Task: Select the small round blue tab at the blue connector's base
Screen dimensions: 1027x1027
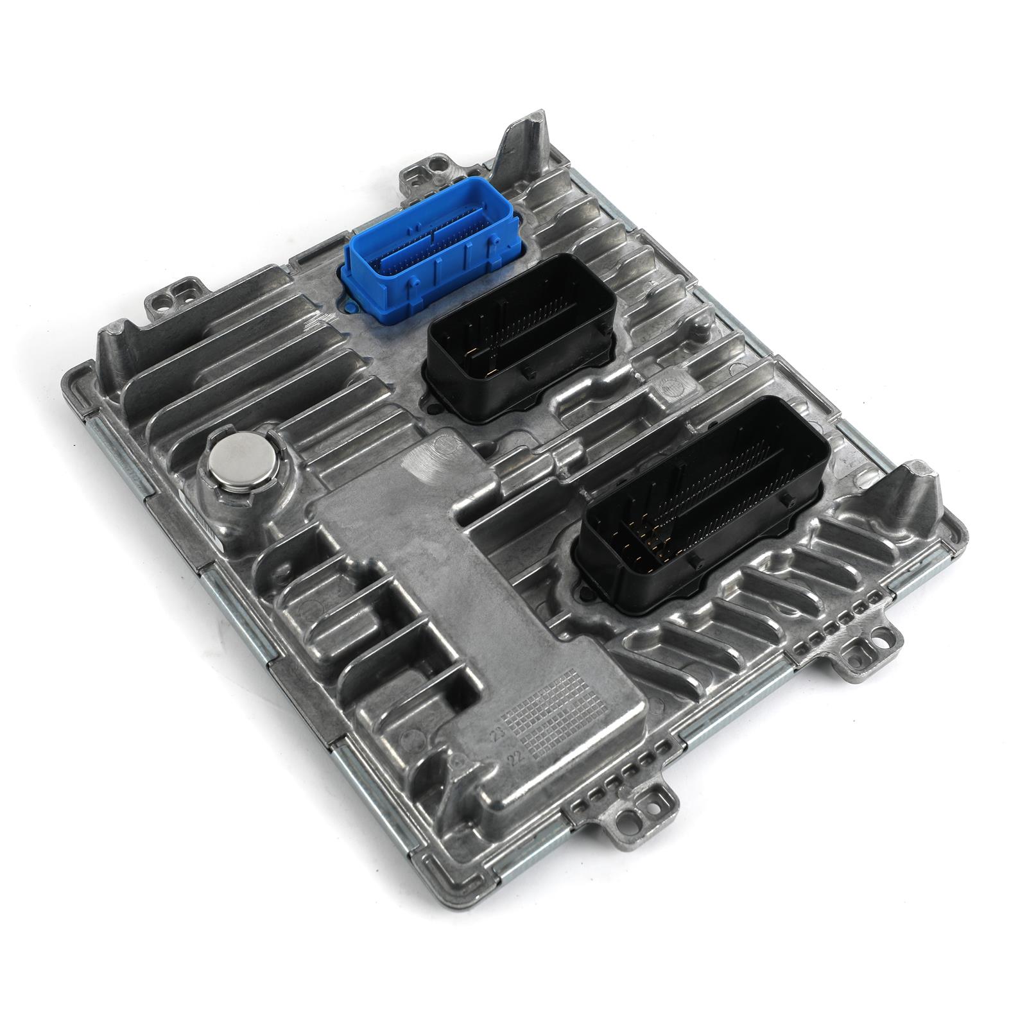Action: (350, 302)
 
